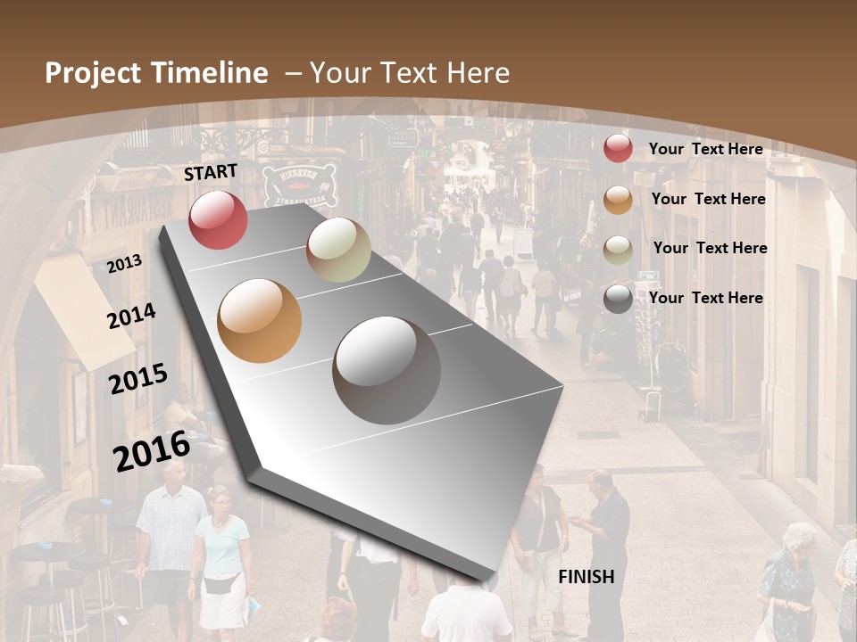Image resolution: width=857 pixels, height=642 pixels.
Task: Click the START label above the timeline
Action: coord(211,172)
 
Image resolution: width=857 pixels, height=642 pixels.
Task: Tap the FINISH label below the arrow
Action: coord(587,577)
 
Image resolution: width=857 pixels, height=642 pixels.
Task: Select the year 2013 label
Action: coord(125,264)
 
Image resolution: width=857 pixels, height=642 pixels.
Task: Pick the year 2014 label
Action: coord(132,316)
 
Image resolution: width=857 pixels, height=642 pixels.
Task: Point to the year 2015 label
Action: coord(138,379)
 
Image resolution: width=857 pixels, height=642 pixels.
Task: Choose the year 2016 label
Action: coord(152,450)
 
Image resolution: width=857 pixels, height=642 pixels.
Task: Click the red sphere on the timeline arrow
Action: coord(219,219)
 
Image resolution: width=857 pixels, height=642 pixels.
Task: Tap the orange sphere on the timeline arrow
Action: coord(260,321)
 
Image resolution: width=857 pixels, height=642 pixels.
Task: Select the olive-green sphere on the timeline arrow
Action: coord(338,250)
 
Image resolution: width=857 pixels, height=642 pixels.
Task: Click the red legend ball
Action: coord(618,148)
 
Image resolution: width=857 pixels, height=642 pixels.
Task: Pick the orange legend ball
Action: coord(618,200)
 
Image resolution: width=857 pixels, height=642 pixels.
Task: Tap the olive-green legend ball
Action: coord(618,250)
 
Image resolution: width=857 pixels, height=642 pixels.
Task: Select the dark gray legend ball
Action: coord(618,299)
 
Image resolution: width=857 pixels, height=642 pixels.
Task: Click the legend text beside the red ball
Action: coord(705,149)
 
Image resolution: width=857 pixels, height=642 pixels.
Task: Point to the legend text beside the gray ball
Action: coord(705,298)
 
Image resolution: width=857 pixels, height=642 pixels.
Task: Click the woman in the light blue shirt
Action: coord(220,544)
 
